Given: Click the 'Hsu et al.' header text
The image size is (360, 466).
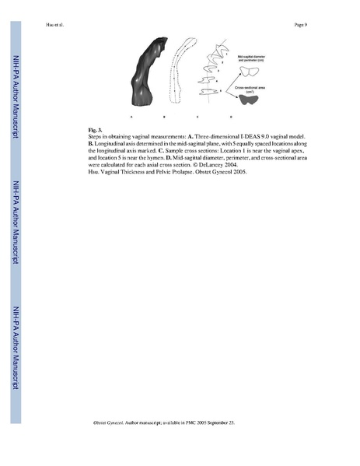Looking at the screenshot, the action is [x=45, y=26].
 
